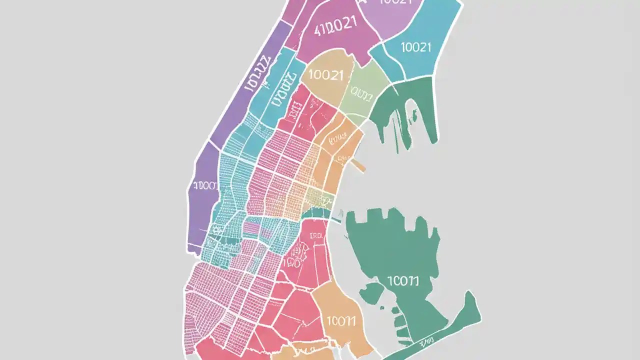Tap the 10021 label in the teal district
click(415, 47)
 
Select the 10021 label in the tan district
click(326, 75)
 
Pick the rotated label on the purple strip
click(257, 74)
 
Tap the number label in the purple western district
click(205, 186)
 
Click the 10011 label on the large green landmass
click(402, 281)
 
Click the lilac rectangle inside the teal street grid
click(251, 228)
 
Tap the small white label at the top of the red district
click(316, 236)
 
